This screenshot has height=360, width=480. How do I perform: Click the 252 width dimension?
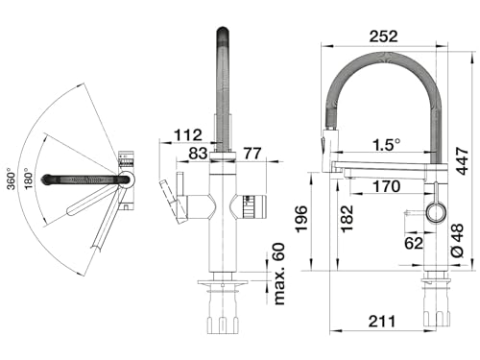(383, 36)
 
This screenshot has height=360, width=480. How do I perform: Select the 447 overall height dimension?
(462, 161)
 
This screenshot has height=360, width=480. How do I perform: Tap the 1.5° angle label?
(387, 145)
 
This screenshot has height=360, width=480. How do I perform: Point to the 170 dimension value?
(387, 186)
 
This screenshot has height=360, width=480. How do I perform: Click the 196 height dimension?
(301, 219)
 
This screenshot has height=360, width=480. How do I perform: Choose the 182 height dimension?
(347, 219)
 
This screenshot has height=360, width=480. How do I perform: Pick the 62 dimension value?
(414, 243)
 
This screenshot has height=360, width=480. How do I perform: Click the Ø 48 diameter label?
(457, 240)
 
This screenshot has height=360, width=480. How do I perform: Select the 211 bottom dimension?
(382, 321)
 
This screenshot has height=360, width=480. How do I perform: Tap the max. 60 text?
(279, 274)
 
